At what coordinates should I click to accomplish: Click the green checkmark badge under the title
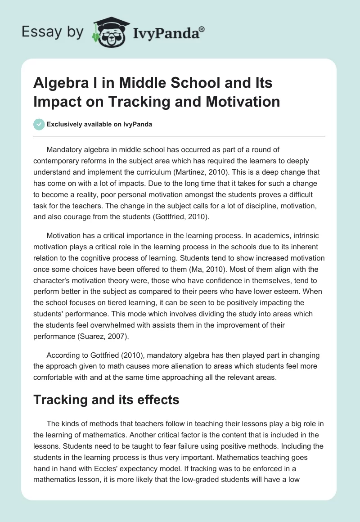(39, 125)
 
